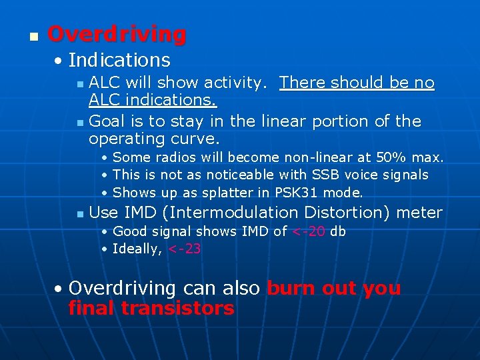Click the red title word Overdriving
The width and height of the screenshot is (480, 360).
point(117,34)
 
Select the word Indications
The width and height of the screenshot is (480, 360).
point(119,60)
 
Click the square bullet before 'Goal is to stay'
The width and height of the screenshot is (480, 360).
point(80,123)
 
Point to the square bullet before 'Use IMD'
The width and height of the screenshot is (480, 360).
point(80,214)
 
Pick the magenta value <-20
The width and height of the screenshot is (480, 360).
point(309,231)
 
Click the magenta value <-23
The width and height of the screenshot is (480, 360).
point(185,249)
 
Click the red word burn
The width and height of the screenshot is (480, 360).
point(291,288)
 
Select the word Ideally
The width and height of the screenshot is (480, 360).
point(137,249)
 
